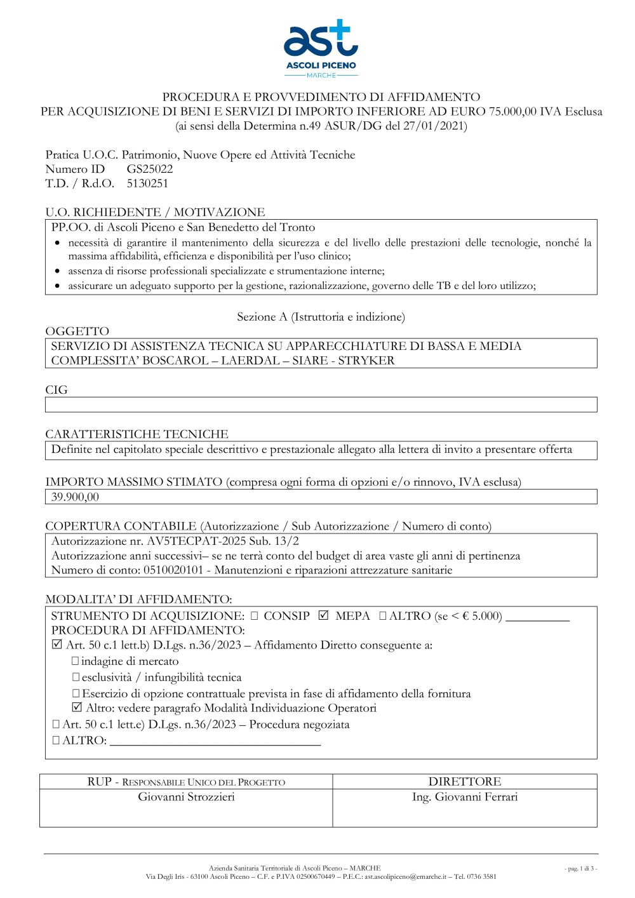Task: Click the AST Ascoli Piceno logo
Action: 321,48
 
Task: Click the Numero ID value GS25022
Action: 150,169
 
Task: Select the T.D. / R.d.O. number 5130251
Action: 147,184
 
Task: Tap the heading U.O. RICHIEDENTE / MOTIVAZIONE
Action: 155,212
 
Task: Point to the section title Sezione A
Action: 321,317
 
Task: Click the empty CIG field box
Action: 321,405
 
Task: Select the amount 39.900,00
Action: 75,497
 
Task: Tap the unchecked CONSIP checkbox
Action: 254,615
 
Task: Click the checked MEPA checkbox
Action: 324,615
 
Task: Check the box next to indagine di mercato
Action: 76,661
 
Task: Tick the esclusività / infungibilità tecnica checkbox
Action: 76,678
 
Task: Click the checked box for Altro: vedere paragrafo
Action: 77,707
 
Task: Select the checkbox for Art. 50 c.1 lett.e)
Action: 56,724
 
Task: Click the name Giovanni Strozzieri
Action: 186,797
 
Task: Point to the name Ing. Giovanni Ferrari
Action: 465,797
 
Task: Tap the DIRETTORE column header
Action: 465,782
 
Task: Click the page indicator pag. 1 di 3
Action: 580,869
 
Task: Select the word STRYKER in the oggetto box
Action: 366,361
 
